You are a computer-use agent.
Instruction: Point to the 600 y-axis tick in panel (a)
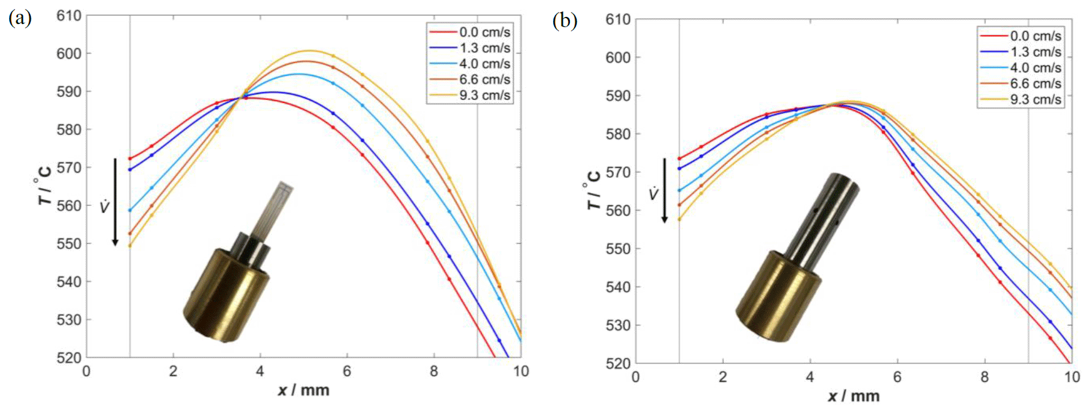pyautogui.click(x=69, y=54)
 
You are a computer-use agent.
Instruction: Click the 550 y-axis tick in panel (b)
pyautogui.click(x=617, y=249)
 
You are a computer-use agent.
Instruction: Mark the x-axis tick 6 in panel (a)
pyautogui.click(x=347, y=372)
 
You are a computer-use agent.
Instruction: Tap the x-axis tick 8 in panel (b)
pyautogui.click(x=984, y=377)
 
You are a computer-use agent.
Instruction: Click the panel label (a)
pyautogui.click(x=20, y=19)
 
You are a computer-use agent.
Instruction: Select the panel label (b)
pyautogui.click(x=564, y=21)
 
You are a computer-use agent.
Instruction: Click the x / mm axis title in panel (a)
pyautogui.click(x=304, y=390)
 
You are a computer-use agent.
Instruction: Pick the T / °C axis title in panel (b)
pyautogui.click(x=594, y=190)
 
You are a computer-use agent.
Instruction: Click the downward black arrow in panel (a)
pyautogui.click(x=115, y=202)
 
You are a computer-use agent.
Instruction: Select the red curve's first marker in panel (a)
pyautogui.click(x=130, y=158)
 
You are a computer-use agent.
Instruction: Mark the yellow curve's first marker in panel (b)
pyautogui.click(x=680, y=219)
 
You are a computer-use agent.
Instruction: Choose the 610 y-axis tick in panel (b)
pyautogui.click(x=617, y=20)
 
